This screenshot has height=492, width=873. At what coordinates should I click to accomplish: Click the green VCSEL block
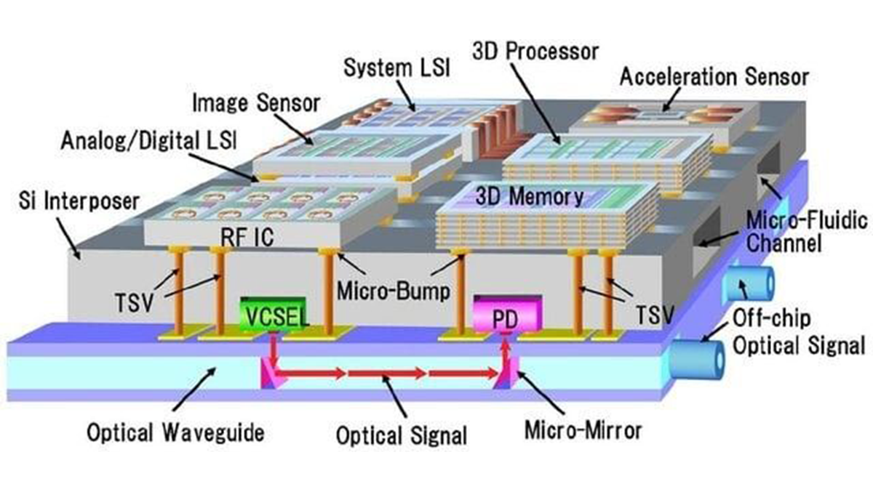tap(273, 315)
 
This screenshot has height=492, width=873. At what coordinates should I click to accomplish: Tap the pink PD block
tap(508, 314)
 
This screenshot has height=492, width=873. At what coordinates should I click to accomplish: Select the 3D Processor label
tap(535, 52)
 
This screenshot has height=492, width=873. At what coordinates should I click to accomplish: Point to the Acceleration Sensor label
tap(714, 77)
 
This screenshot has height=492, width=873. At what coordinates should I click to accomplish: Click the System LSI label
tap(396, 68)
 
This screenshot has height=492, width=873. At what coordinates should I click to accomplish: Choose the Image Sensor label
tap(256, 103)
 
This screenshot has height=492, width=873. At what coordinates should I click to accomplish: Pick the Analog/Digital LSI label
tap(149, 140)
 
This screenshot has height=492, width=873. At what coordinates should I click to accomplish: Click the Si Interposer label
tap(79, 201)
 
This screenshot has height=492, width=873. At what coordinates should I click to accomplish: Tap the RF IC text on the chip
tap(247, 237)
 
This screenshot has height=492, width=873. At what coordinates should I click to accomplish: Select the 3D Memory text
tap(530, 196)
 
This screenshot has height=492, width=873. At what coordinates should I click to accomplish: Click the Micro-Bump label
tap(394, 291)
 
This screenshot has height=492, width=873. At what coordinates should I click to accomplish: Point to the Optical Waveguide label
tap(175, 432)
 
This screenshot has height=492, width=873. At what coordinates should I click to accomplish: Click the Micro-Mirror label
tap(583, 430)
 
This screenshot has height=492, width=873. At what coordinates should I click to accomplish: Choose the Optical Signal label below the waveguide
tap(402, 435)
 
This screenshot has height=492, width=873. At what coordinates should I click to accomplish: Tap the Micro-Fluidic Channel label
tap(806, 233)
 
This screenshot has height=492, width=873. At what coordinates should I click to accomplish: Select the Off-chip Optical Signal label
tap(799, 332)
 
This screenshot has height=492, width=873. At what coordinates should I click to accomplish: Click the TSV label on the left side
tap(134, 302)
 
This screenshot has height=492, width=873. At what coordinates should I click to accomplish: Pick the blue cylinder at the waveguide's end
tap(698, 359)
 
